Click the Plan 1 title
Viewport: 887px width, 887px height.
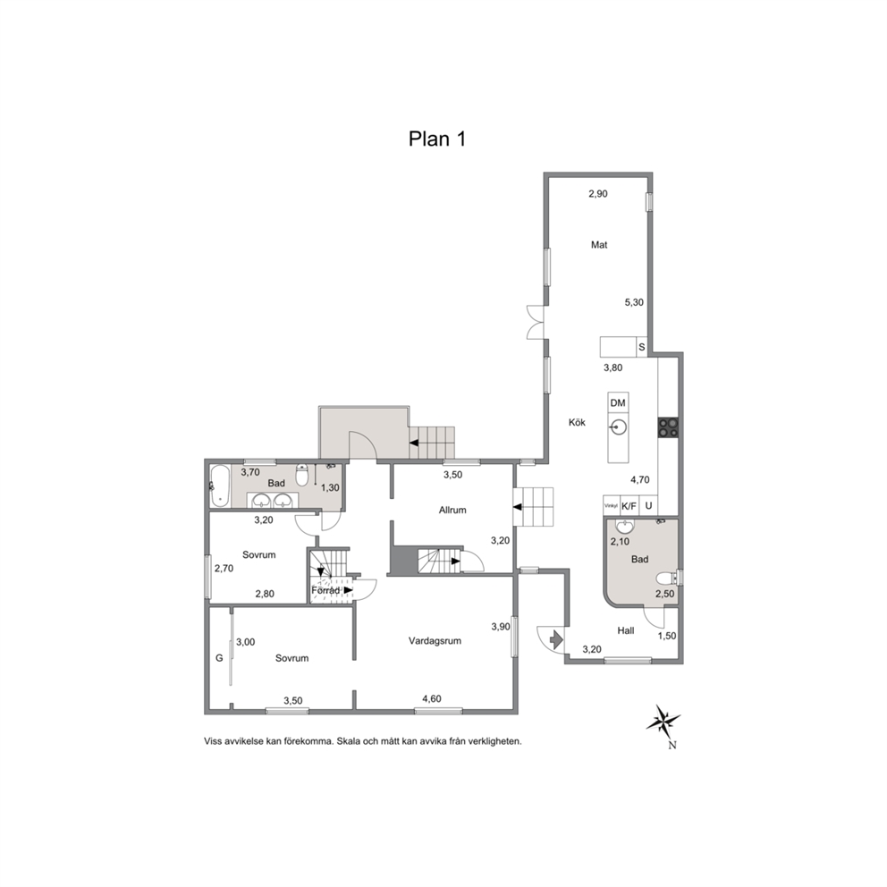click(x=436, y=139)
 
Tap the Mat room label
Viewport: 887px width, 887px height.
click(x=599, y=245)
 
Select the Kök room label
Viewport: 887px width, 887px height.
click(x=577, y=423)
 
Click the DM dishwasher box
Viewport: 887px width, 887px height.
click(x=618, y=403)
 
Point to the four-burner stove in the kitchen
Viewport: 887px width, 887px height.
click(x=669, y=427)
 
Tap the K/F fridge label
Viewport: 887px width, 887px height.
click(x=629, y=506)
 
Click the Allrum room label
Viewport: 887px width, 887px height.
click(x=452, y=511)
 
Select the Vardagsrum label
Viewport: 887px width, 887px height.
click(x=435, y=641)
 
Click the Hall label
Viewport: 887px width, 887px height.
click(x=626, y=630)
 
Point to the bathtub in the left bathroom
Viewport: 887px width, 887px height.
click(x=220, y=486)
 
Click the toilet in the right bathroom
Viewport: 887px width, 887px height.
click(x=668, y=579)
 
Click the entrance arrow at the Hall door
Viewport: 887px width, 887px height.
click(x=556, y=639)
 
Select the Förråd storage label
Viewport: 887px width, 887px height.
click(x=325, y=590)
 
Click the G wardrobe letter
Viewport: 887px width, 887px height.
click(x=219, y=658)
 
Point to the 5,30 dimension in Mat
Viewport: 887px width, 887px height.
click(x=634, y=302)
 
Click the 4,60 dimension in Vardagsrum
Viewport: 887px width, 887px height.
click(x=432, y=699)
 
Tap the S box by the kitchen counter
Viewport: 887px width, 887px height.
click(x=641, y=347)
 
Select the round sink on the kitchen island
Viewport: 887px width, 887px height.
click(x=618, y=427)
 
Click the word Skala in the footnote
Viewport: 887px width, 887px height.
click(x=351, y=741)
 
